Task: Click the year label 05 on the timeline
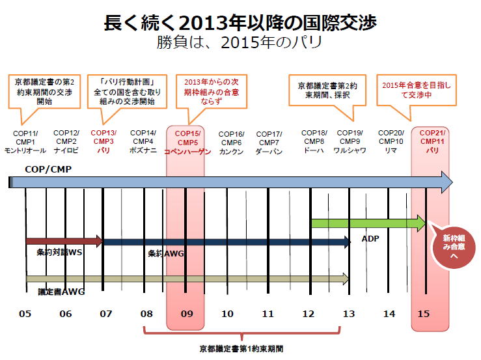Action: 25,314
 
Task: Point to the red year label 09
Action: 187,314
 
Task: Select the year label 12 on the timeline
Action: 309,314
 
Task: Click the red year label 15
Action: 424,314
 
